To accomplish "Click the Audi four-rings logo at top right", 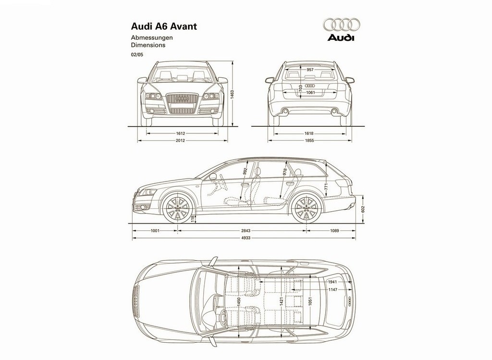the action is click(x=341, y=25).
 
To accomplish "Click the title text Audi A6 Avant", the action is click(x=164, y=26).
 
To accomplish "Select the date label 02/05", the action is click(x=137, y=55).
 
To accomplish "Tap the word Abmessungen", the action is click(x=152, y=37).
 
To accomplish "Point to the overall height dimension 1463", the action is click(x=233, y=95).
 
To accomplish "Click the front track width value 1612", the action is click(x=181, y=133).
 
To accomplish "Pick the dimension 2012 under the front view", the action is click(x=181, y=141).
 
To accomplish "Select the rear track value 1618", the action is click(x=309, y=133).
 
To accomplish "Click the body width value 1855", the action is click(x=309, y=141).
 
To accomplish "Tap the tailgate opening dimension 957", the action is click(x=310, y=70).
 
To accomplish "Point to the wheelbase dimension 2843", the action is click(x=246, y=231).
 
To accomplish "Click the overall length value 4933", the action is click(x=246, y=238).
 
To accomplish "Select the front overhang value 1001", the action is click(x=155, y=231).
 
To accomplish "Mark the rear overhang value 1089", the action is click(x=334, y=231).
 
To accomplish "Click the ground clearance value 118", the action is click(x=193, y=219).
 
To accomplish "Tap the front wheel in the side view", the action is click(x=178, y=208).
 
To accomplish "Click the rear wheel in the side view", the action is click(x=307, y=208).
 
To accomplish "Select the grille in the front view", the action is click(x=182, y=103).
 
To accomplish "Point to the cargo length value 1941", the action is click(x=332, y=282).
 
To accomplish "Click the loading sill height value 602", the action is click(x=363, y=209).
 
